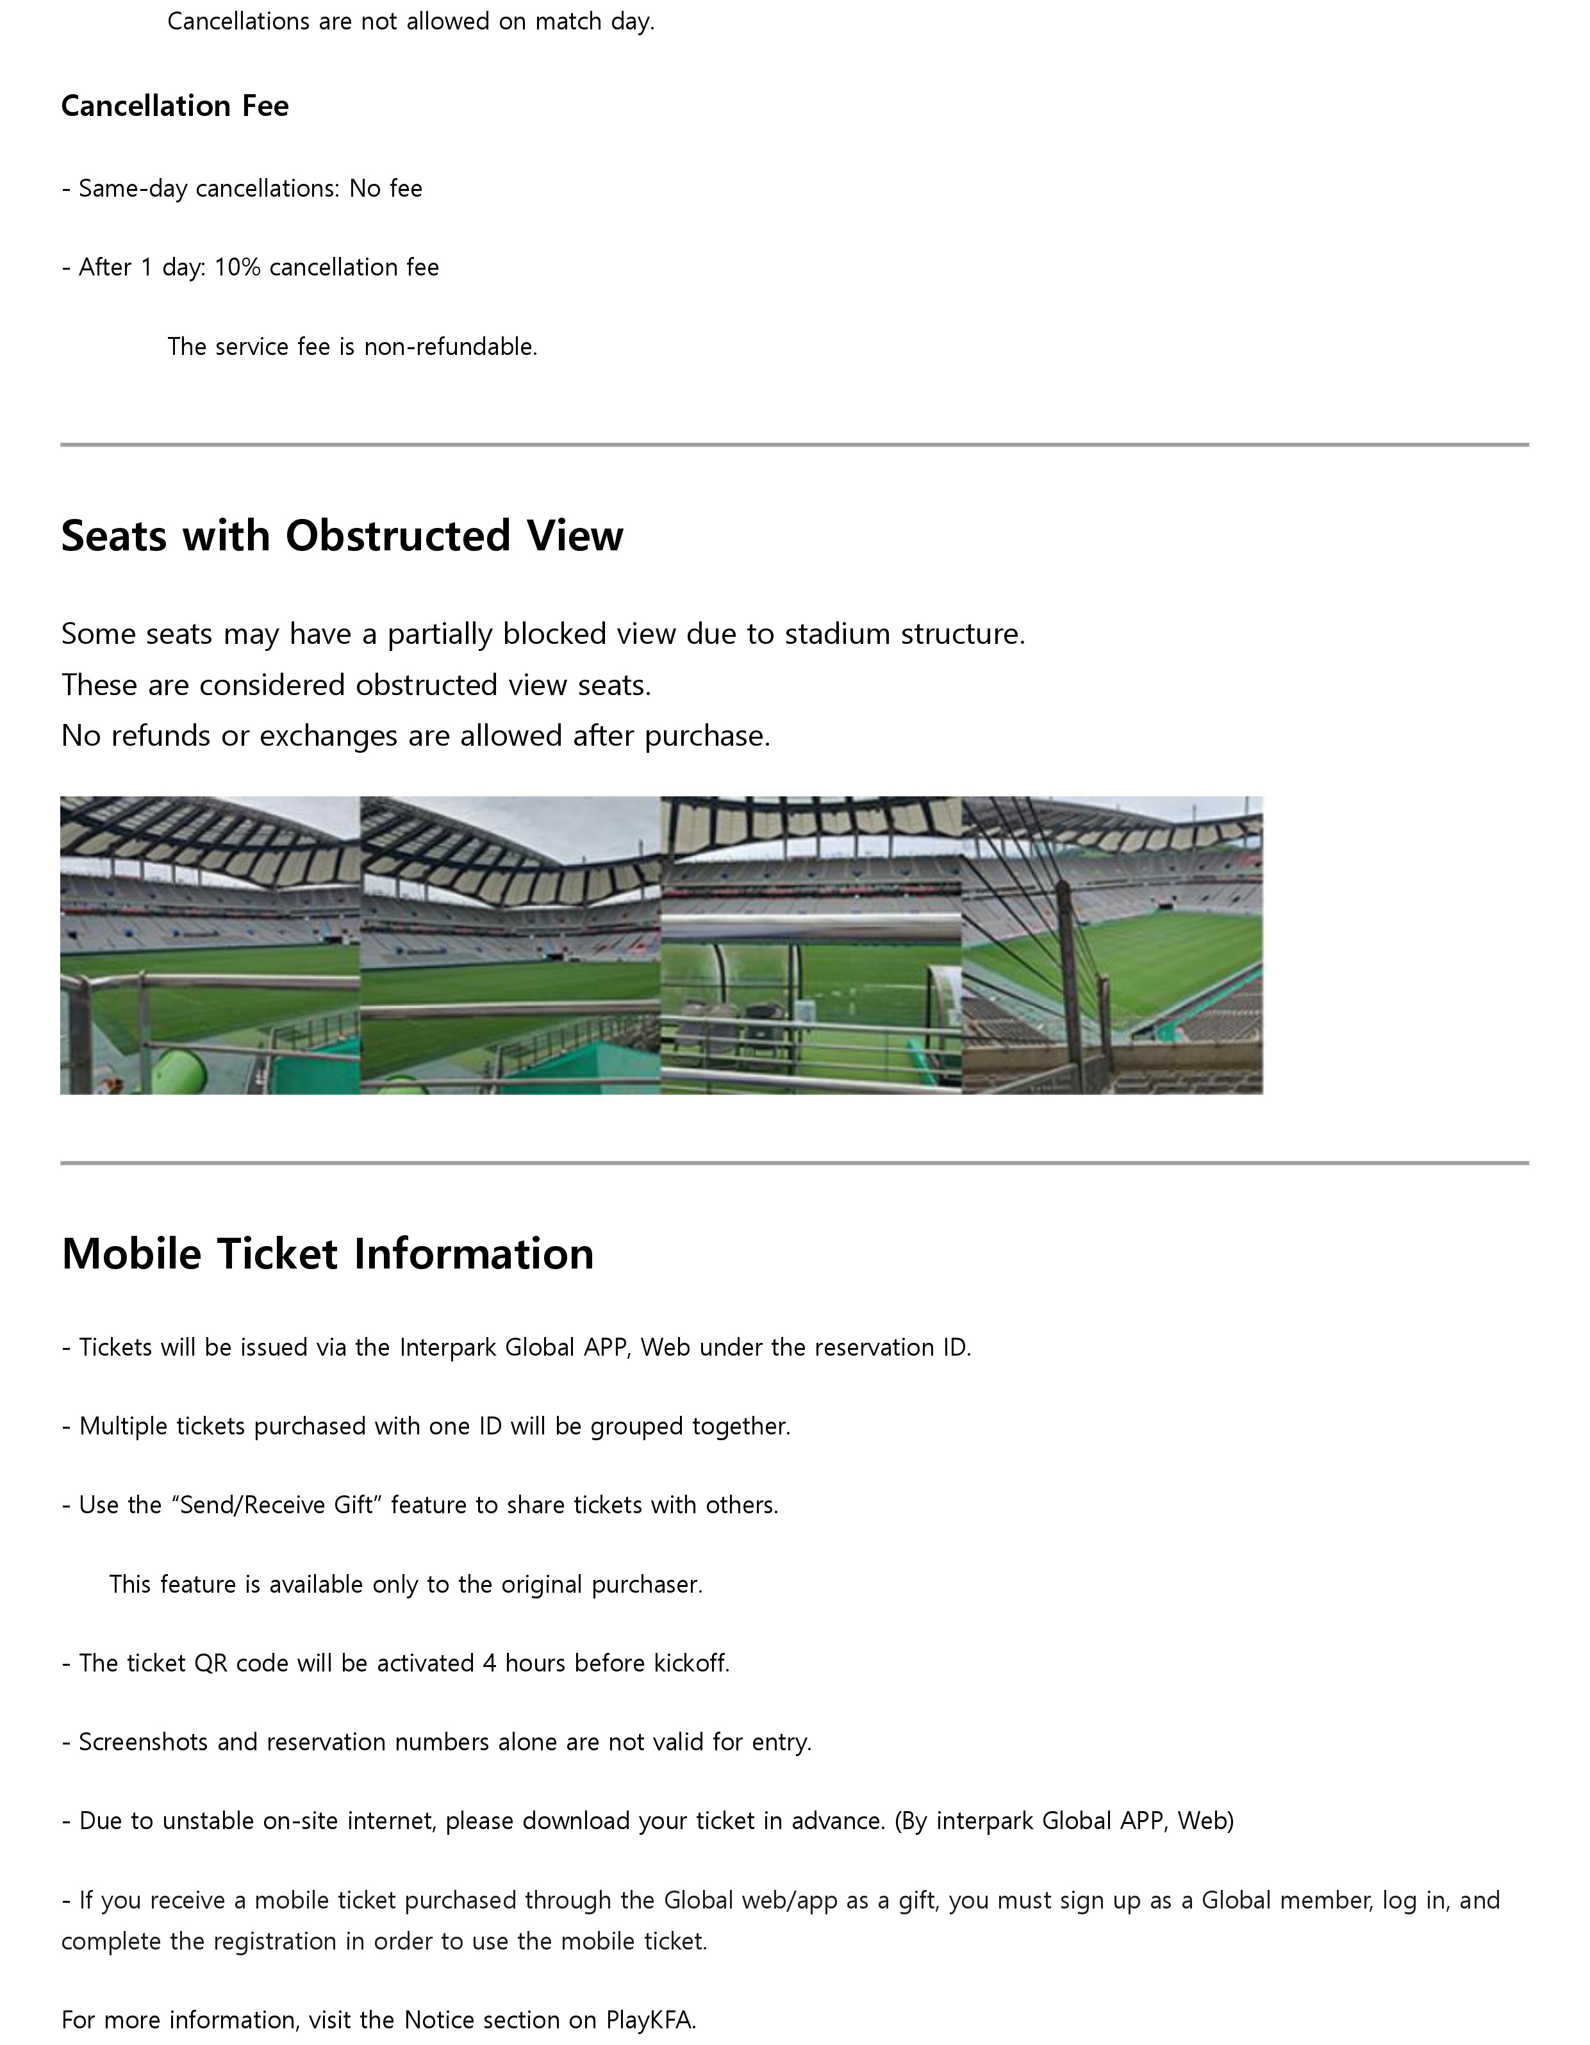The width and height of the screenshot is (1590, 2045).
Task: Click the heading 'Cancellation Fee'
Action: pyautogui.click(x=174, y=106)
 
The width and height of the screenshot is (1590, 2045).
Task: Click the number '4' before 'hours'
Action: pyautogui.click(x=489, y=1664)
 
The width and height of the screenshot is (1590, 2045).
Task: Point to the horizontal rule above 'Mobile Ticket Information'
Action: pyautogui.click(x=794, y=1163)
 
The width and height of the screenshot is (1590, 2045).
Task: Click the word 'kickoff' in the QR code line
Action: pyautogui.click(x=690, y=1664)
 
